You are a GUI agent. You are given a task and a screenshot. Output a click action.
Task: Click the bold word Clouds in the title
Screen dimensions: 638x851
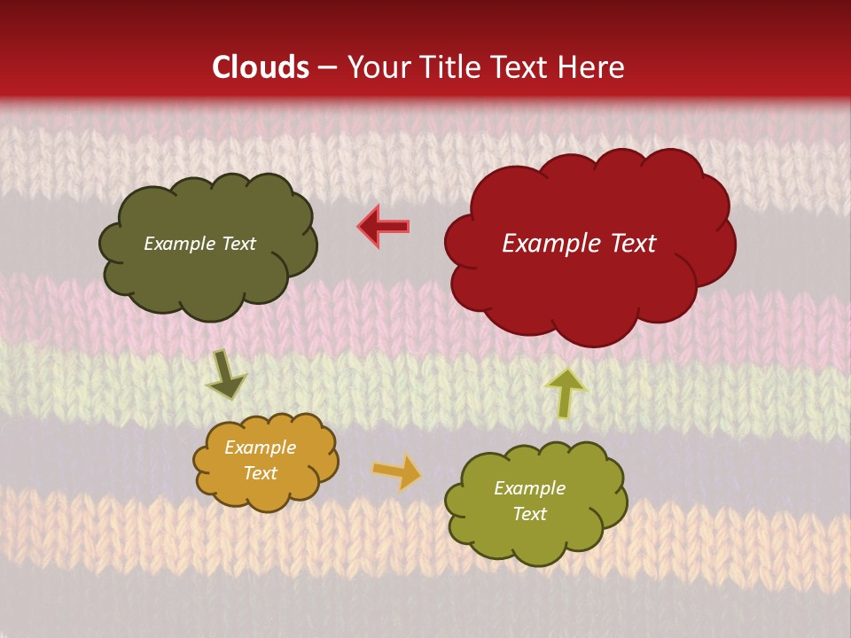coord(261,67)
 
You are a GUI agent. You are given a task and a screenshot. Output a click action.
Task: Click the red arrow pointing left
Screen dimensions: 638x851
coord(384,226)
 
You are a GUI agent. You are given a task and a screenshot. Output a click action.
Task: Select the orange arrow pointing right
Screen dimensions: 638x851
coord(397,472)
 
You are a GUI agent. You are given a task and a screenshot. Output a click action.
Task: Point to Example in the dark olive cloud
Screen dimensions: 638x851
coord(176,244)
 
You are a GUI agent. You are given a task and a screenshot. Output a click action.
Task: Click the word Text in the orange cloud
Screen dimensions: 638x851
coord(260,473)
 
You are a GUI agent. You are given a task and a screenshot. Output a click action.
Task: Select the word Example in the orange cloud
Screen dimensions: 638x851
coord(260,448)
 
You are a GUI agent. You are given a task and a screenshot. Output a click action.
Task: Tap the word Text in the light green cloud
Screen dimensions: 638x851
coord(529,514)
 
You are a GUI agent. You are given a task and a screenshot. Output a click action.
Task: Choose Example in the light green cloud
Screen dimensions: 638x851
coord(529,488)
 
